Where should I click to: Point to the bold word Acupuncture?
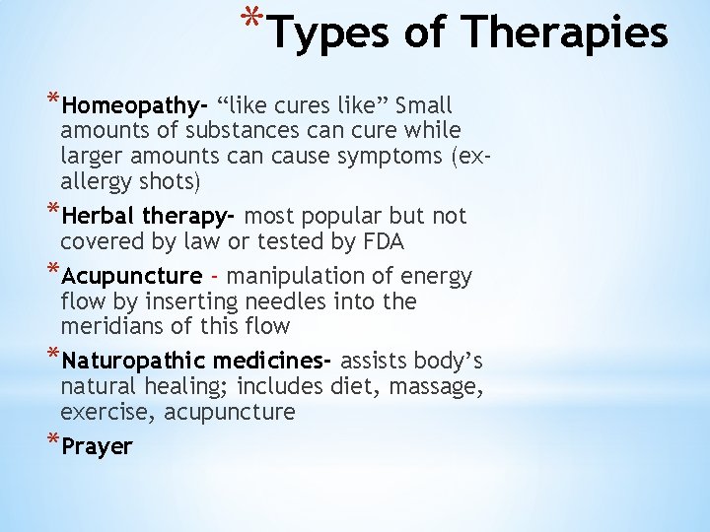pyautogui.click(x=131, y=277)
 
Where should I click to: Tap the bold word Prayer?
pyautogui.click(x=97, y=446)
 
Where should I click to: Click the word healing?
pyautogui.click(x=193, y=386)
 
